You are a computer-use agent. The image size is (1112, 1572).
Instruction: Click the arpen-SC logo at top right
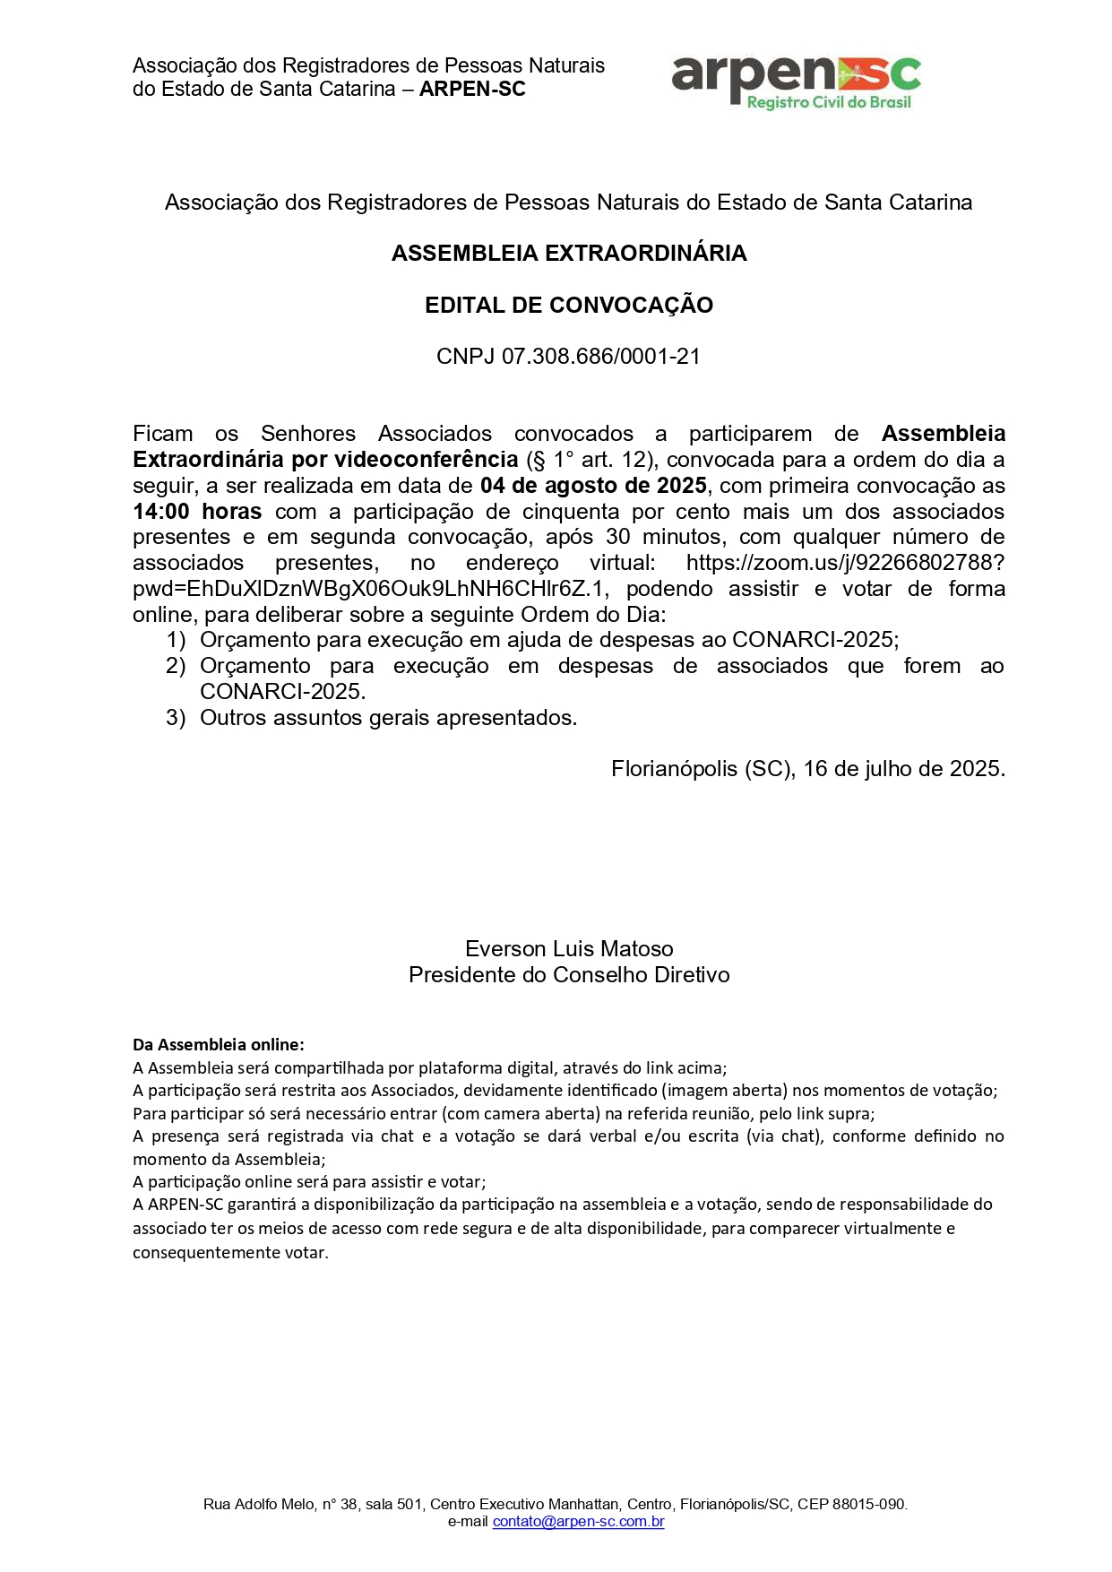click(x=796, y=81)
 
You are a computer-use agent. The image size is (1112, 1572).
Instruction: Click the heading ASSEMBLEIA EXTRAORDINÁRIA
click(x=569, y=254)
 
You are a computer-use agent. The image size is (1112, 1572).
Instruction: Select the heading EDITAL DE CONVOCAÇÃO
click(x=569, y=306)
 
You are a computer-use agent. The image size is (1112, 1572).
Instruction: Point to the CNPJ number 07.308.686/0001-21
click(x=600, y=357)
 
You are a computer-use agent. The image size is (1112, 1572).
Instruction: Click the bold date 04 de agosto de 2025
click(x=593, y=486)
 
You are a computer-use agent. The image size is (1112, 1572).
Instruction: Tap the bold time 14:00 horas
click(x=197, y=512)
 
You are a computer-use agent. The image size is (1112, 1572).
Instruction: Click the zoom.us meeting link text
click(x=844, y=563)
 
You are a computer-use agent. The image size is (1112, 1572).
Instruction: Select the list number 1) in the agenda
click(x=176, y=640)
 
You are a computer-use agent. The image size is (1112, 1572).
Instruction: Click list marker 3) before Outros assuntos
click(x=176, y=718)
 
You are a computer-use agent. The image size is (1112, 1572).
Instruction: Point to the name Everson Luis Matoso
click(x=569, y=949)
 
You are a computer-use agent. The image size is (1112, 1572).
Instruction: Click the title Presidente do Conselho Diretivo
click(x=569, y=975)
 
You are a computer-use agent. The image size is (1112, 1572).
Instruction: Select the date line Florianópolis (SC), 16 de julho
click(x=807, y=769)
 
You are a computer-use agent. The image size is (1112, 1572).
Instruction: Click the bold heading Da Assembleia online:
click(x=219, y=1045)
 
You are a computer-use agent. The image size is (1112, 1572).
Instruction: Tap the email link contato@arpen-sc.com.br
click(x=578, y=1522)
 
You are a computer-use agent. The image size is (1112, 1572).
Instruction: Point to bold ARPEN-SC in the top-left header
click(x=472, y=90)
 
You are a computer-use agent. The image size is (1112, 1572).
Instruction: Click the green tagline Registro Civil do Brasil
click(x=828, y=103)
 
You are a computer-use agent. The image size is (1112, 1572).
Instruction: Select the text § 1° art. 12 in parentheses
click(x=590, y=460)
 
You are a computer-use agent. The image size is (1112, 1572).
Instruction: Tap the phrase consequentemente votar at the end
click(x=230, y=1253)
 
